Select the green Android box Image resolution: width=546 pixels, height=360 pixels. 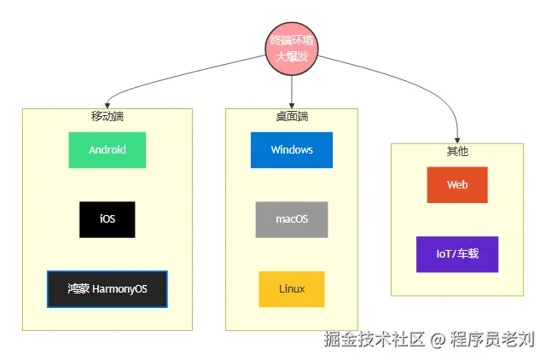click(x=107, y=150)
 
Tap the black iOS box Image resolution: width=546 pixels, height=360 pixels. click(x=107, y=219)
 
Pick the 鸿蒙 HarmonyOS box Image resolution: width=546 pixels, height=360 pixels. click(x=107, y=289)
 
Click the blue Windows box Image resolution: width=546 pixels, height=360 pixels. click(x=292, y=150)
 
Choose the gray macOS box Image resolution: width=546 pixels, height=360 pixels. click(x=292, y=219)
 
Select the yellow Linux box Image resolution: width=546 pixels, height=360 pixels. click(x=292, y=289)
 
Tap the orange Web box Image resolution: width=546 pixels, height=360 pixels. click(x=457, y=185)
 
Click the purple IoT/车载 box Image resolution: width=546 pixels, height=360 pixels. click(x=457, y=254)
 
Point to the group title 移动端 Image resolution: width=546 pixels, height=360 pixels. click(x=107, y=116)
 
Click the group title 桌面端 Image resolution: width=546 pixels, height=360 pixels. click(x=292, y=116)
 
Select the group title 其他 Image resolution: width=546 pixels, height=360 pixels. click(x=457, y=151)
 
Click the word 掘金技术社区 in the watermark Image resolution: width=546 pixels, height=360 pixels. click(x=374, y=340)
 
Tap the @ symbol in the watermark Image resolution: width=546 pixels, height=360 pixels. click(x=438, y=340)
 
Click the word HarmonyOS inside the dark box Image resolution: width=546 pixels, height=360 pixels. click(x=119, y=289)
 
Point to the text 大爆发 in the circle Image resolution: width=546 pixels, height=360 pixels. click(x=292, y=56)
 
